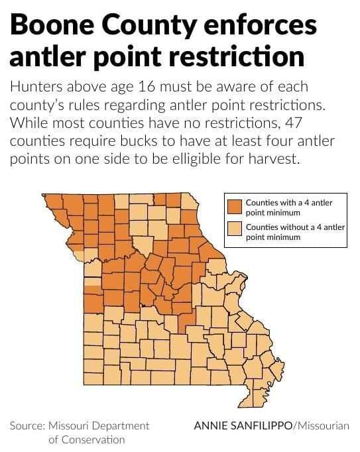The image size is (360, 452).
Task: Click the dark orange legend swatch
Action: click(235, 206)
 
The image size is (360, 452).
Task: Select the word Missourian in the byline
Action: click(324, 425)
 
